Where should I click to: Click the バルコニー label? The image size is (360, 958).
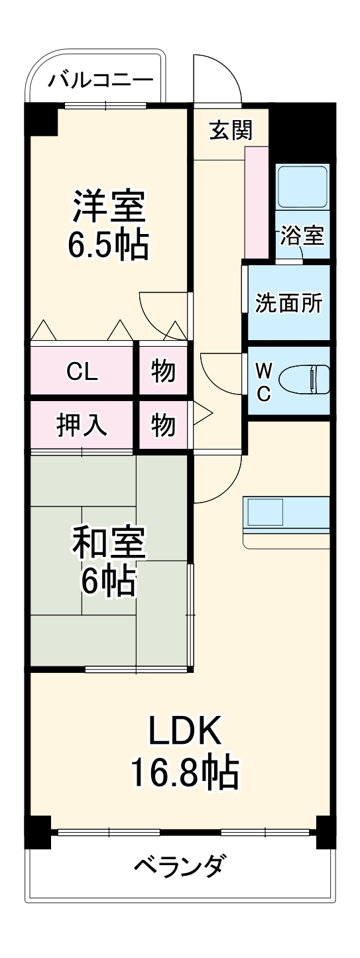101,80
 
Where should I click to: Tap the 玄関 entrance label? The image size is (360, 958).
231,131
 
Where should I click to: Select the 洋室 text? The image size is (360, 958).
108,206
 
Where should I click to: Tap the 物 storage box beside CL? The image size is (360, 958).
163,371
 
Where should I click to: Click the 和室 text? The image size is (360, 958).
108,543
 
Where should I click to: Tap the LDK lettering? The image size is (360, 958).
183,732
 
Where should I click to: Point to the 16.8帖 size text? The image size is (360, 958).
183,770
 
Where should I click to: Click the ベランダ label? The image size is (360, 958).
180,866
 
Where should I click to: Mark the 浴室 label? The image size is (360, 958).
302,235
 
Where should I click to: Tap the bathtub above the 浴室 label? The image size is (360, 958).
302,186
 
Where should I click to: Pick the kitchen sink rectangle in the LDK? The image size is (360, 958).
265,512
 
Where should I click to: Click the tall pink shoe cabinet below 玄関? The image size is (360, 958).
257,202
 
